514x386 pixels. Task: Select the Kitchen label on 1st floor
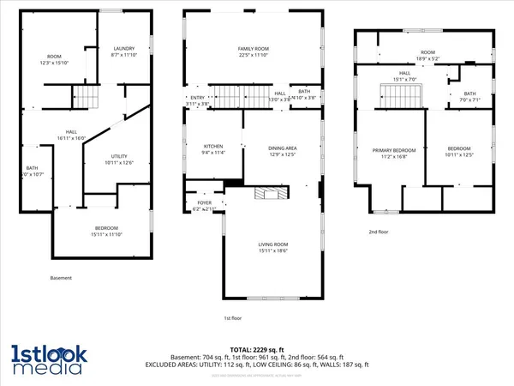pyautogui.click(x=212, y=147)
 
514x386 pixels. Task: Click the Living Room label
pyautogui.click(x=273, y=244)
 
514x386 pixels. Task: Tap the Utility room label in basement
pyautogui.click(x=117, y=156)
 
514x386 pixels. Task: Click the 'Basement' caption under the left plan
pyautogui.click(x=61, y=278)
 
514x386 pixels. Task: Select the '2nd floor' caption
pyautogui.click(x=379, y=232)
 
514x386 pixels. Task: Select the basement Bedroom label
pyautogui.click(x=101, y=228)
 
